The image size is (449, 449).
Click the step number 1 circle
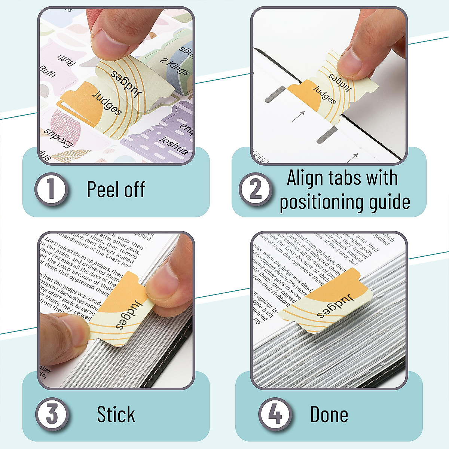51,189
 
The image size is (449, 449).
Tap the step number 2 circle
256,189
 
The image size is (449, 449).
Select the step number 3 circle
52,415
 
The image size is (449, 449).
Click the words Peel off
116,189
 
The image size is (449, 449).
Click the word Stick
116,415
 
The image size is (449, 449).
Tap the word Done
329,415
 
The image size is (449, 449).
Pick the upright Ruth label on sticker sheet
47,71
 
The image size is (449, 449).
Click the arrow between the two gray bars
297,117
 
